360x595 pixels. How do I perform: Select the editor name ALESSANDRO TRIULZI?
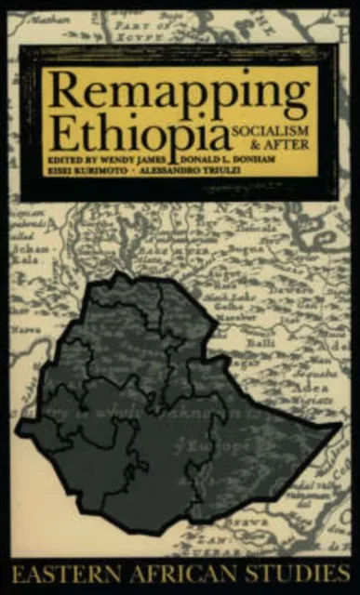210,171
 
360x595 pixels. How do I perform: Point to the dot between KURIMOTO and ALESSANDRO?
136,171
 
